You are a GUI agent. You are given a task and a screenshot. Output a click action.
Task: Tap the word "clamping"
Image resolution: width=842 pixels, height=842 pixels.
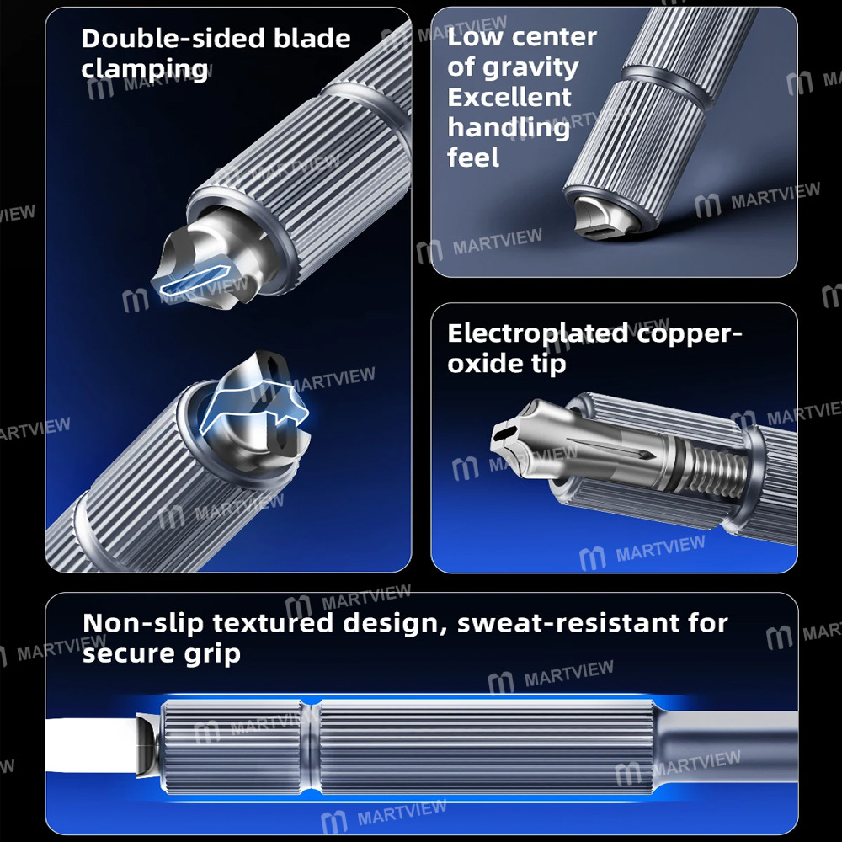point(144,68)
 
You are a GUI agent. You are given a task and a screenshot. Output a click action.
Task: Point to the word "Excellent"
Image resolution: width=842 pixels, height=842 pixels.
point(509,98)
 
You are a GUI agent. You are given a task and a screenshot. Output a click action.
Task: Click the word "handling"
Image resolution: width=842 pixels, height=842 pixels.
point(508,128)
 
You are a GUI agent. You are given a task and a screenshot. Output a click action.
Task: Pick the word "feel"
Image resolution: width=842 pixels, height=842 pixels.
point(473,157)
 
